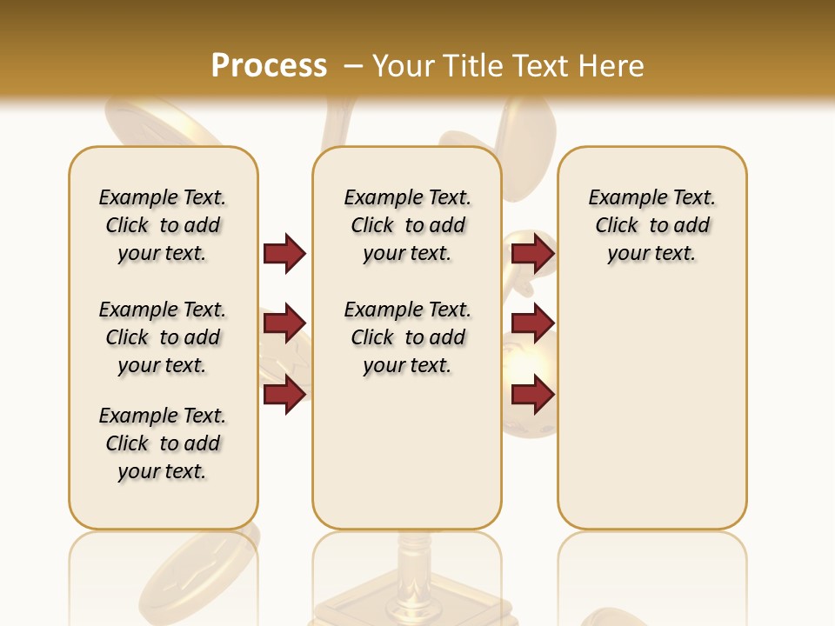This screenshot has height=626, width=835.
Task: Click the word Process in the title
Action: [269, 65]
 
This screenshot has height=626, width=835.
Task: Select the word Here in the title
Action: [611, 65]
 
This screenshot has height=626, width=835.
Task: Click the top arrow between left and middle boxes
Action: [284, 253]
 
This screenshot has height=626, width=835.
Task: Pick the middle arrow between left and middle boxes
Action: [284, 323]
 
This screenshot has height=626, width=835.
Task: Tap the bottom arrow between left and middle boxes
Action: [284, 395]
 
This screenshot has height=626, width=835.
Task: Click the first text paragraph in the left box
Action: [163, 225]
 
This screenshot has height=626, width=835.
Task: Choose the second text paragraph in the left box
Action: [163, 337]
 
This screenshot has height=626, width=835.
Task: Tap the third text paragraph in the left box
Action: [163, 443]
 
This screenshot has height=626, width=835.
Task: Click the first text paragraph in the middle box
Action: [408, 225]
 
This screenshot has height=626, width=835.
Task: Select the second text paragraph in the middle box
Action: [408, 337]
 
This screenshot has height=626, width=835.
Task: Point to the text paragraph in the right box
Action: [652, 225]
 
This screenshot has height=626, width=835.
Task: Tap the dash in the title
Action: [353, 65]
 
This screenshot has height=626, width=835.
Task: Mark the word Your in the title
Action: [404, 65]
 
